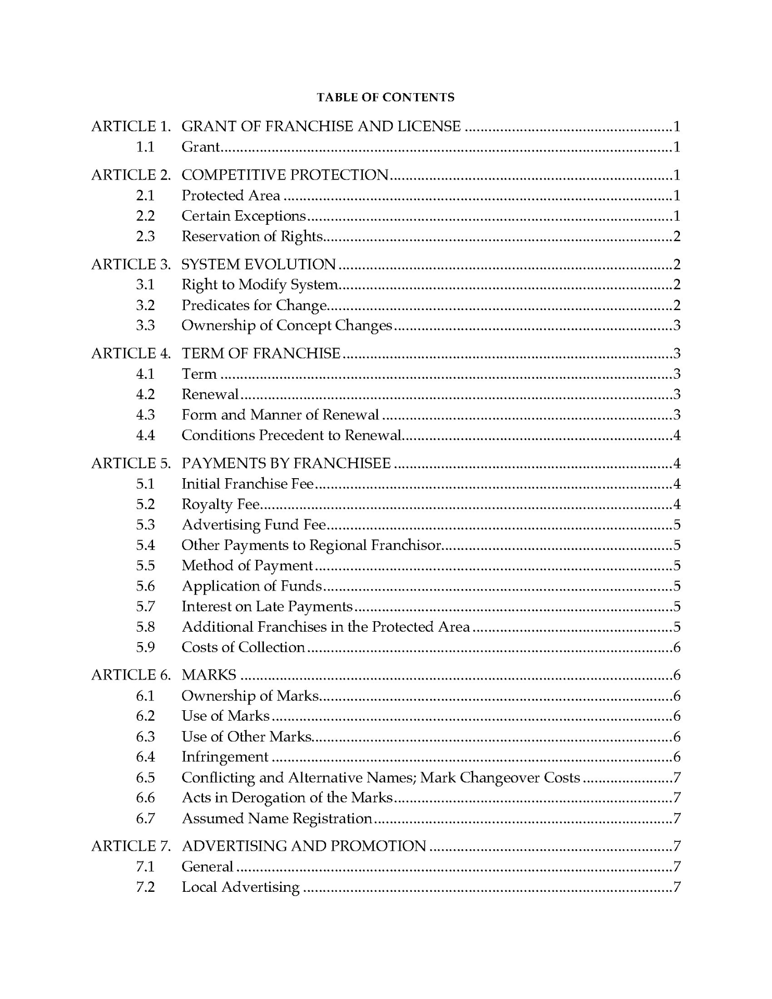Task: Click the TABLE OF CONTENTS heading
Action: coord(385,97)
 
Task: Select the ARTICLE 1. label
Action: coord(131,126)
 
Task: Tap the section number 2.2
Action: coord(145,216)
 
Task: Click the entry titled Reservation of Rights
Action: coord(252,236)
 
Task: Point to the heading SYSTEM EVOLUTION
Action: coord(258,264)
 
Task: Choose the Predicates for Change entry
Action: coord(254,305)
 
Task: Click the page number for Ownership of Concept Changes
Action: coord(677,326)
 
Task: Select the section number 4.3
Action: coord(145,415)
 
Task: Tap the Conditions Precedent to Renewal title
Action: coord(292,435)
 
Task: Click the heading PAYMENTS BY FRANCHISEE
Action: coord(286,463)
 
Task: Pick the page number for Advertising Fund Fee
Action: coord(677,524)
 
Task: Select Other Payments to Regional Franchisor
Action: coord(311,545)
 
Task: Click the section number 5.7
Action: coord(145,606)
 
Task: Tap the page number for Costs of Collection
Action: coord(677,647)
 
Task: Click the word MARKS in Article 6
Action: coord(209,675)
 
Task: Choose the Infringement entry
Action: coord(225,757)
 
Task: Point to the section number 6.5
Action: coord(145,777)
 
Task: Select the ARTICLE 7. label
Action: coord(131,846)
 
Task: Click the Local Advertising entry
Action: coord(241,887)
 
